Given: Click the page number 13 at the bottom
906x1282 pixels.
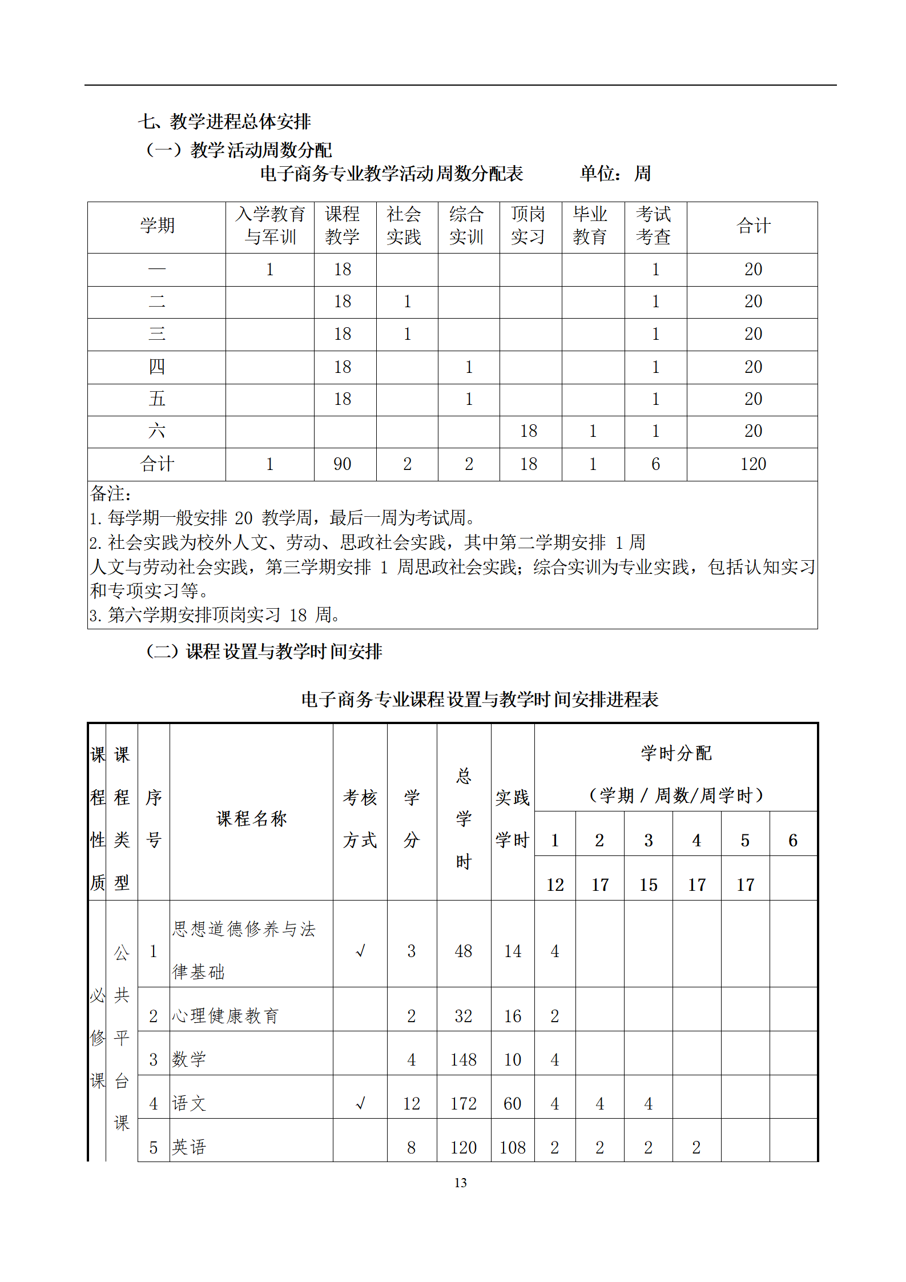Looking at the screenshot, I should (x=460, y=1183).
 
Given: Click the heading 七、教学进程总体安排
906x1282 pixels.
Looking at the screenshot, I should (x=224, y=121).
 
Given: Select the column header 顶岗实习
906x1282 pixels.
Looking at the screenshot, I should (x=528, y=226).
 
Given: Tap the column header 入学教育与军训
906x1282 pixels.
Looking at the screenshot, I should (x=270, y=226).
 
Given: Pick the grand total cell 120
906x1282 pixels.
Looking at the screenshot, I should (x=752, y=464).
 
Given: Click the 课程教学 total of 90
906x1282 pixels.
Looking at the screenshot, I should (x=343, y=464).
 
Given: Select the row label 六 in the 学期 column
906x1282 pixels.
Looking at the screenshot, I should (x=157, y=431).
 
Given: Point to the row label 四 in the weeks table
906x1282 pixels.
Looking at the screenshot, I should (x=157, y=367).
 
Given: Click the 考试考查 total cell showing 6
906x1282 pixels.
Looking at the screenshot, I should (x=655, y=464).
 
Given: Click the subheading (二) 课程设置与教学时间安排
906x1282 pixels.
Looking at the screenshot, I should (x=264, y=651).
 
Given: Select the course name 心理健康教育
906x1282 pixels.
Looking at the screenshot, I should (x=226, y=1016).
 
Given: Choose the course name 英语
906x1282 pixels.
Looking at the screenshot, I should (x=189, y=1147).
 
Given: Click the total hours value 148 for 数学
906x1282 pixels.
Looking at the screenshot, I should (x=463, y=1060).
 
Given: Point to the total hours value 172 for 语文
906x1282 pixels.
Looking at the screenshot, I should (x=463, y=1103).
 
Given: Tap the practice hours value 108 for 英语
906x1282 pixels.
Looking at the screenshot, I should (x=512, y=1147).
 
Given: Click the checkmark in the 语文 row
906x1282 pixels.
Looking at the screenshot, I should (x=360, y=1103).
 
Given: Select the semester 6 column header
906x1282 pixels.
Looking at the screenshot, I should (x=792, y=840).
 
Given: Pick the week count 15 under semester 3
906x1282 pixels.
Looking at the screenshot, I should (x=648, y=885).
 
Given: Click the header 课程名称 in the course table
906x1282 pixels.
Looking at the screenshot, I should (x=251, y=818).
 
